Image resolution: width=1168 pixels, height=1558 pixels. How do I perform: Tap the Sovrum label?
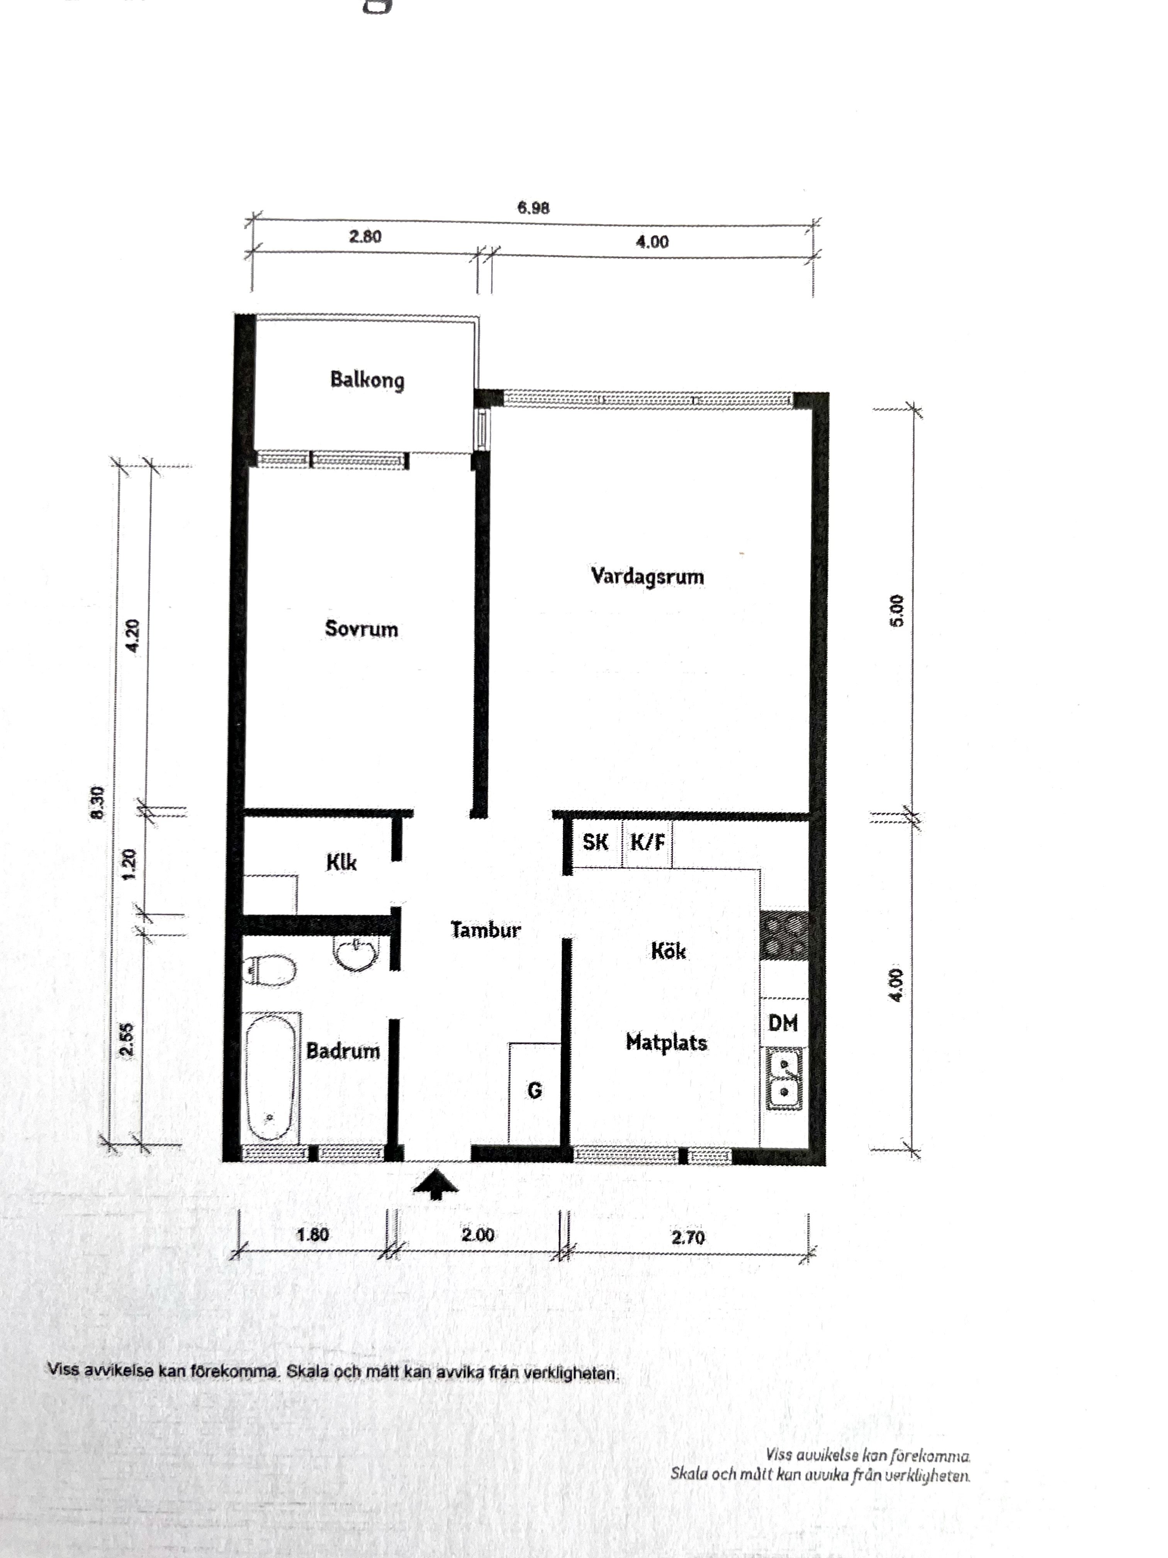point(361,628)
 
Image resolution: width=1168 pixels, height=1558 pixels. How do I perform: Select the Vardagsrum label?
point(647,576)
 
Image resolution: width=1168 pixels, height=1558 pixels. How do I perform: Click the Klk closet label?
point(341,862)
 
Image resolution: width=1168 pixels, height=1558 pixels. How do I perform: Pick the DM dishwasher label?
point(783,1023)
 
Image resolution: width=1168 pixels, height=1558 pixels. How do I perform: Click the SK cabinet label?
point(596,842)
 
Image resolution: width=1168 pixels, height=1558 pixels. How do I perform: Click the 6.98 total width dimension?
point(533,208)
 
